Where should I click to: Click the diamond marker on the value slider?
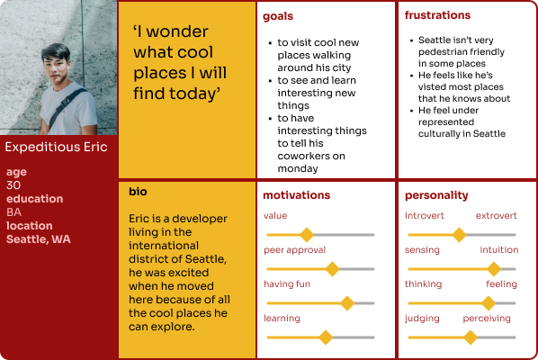point(307,235)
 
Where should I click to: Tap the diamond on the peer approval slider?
point(332,269)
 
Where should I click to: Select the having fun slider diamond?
point(347,303)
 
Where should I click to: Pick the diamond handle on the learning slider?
point(326,337)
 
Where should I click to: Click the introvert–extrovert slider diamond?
point(459,235)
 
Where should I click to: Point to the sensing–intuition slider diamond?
point(494,269)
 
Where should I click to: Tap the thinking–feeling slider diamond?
point(489,303)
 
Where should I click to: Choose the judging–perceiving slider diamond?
point(471,337)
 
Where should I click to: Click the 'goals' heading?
point(278,16)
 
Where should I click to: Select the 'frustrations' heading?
point(437,15)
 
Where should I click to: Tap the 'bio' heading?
point(138,191)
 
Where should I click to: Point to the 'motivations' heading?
point(297,195)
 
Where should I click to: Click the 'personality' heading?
point(436,195)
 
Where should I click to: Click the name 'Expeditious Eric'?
point(56,147)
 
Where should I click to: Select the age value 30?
point(13,185)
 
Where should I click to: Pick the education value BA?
point(13,212)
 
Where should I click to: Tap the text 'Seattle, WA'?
point(39,239)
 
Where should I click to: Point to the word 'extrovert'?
point(496,215)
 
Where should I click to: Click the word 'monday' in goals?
point(298,168)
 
